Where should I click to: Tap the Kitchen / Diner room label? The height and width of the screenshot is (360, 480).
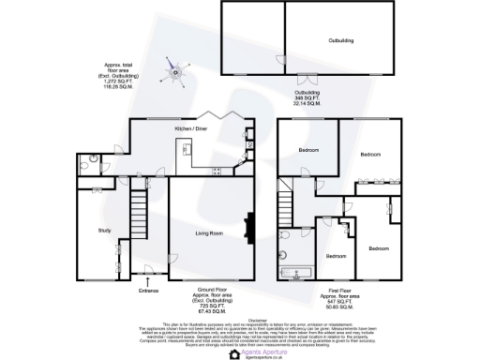(191, 128)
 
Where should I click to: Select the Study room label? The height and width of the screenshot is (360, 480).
(105, 230)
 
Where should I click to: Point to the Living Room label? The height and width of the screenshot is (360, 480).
(208, 232)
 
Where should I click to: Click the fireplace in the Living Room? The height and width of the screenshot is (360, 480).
(248, 230)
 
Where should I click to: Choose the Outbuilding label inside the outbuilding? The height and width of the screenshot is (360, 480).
(315, 40)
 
